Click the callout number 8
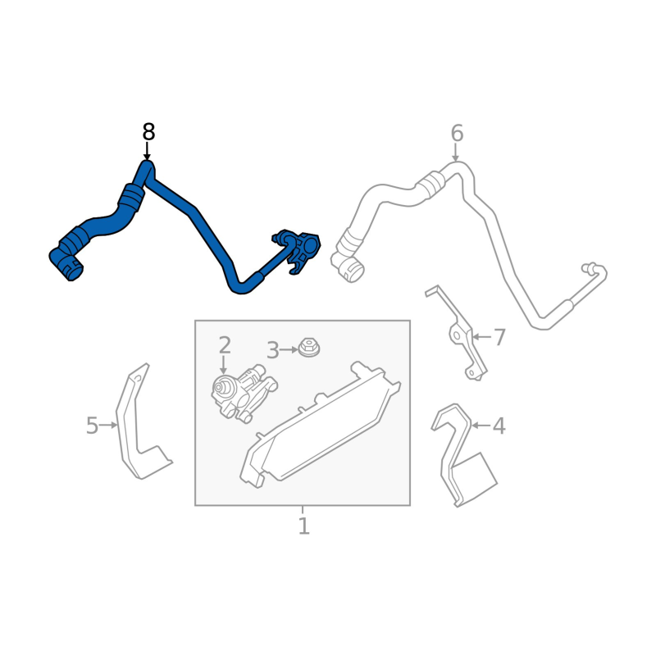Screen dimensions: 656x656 click(x=148, y=132)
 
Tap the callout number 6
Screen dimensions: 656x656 click(x=457, y=134)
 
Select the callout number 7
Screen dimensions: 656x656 click(x=499, y=337)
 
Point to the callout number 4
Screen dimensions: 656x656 click(x=499, y=426)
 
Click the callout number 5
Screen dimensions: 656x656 click(x=92, y=426)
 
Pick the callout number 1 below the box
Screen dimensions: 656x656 click(x=304, y=526)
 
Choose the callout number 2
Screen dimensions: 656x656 click(x=225, y=345)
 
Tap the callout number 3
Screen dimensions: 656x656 click(x=273, y=350)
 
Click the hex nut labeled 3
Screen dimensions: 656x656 click(x=309, y=348)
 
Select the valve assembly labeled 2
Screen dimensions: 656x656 click(x=244, y=394)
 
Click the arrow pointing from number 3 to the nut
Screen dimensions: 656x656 click(x=289, y=350)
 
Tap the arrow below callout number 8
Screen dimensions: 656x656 click(x=147, y=151)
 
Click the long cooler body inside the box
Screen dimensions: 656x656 click(x=320, y=426)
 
